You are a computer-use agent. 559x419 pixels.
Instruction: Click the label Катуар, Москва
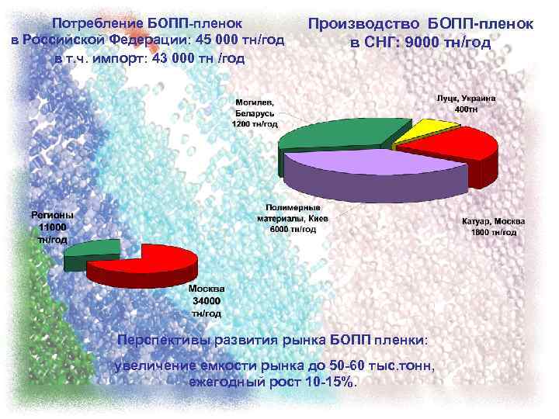pyautogui.click(x=494, y=222)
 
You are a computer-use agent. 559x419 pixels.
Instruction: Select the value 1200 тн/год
pyautogui.click(x=255, y=123)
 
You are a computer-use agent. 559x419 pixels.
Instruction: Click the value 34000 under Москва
pyautogui.click(x=207, y=301)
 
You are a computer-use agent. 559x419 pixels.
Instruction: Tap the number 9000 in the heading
pyautogui.click(x=422, y=42)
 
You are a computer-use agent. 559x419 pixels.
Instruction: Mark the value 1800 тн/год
pyautogui.click(x=495, y=232)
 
